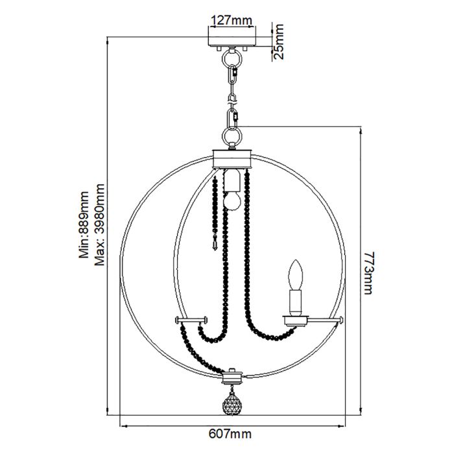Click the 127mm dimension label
click(x=232, y=20)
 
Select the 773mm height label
click(x=369, y=273)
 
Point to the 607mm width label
click(x=232, y=434)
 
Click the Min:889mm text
click(x=84, y=224)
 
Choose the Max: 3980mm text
click(x=99, y=224)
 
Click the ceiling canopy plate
click(x=232, y=38)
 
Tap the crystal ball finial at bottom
click(x=232, y=405)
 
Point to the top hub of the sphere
click(x=232, y=157)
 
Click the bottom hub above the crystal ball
click(x=232, y=376)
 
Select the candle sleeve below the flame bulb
click(x=296, y=301)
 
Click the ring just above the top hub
click(x=232, y=137)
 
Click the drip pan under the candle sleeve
click(x=296, y=317)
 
